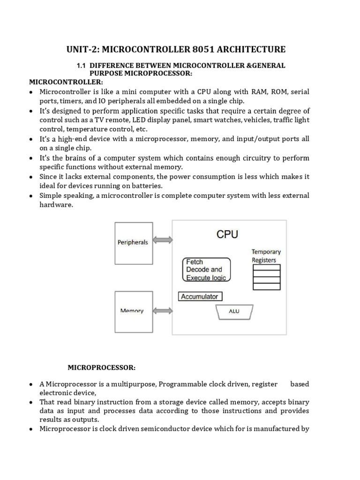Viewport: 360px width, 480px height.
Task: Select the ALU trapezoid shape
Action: pos(234,311)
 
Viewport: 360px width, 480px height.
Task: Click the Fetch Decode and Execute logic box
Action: pos(206,270)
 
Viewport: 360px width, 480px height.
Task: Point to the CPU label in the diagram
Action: pos(227,234)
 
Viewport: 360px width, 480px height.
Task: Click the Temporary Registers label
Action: pos(266,255)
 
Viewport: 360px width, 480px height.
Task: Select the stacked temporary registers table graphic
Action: pos(266,277)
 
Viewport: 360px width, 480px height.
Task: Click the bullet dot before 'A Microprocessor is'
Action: pos(31,384)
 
